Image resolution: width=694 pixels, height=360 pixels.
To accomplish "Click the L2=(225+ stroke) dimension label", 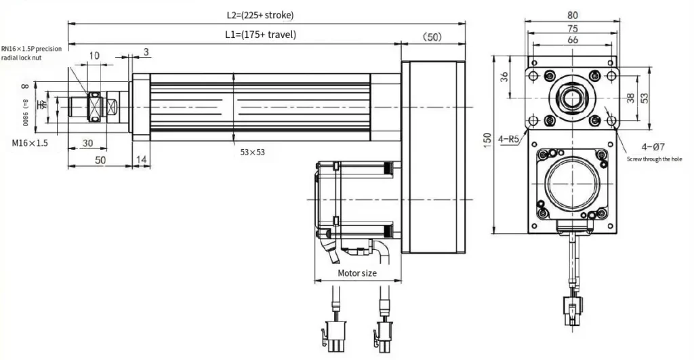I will [x=260, y=14].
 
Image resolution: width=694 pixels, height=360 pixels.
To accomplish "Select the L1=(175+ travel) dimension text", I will [x=260, y=34].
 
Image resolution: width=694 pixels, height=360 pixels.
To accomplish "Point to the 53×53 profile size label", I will [x=252, y=152].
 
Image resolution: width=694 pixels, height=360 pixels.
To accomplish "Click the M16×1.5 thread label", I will [x=29, y=143].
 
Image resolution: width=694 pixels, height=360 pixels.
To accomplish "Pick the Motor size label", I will [x=357, y=273].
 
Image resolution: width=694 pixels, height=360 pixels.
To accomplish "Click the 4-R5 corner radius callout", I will [x=508, y=139].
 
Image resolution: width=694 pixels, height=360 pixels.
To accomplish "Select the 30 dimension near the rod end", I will [x=87, y=143].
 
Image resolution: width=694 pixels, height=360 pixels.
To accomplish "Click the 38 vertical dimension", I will [x=630, y=98].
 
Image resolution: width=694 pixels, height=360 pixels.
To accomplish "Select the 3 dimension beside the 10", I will [x=146, y=52].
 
